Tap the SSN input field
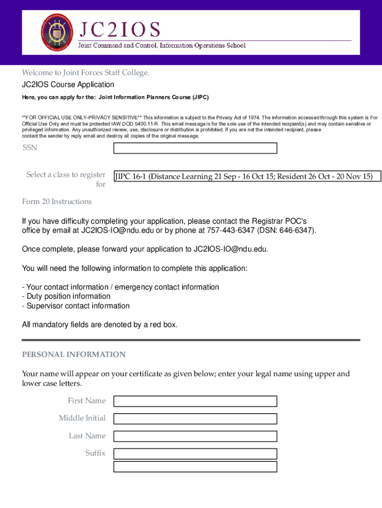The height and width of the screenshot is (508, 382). (x=195, y=148)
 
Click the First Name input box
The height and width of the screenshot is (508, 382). (x=195, y=401)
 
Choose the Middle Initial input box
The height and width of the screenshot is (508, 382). (x=195, y=419)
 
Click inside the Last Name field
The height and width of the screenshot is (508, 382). (x=195, y=436)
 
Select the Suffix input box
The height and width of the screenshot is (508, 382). (x=195, y=453)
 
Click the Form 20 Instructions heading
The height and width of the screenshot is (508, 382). (x=57, y=201)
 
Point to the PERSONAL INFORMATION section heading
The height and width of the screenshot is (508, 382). (x=74, y=354)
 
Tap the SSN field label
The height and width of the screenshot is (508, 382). (x=30, y=148)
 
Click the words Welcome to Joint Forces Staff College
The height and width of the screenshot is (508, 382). (x=85, y=73)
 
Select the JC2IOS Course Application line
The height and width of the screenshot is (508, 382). (x=68, y=85)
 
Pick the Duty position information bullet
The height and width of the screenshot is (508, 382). (x=66, y=297)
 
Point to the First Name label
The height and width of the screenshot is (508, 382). (x=87, y=401)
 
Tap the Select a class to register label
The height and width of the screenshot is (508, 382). (x=66, y=175)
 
